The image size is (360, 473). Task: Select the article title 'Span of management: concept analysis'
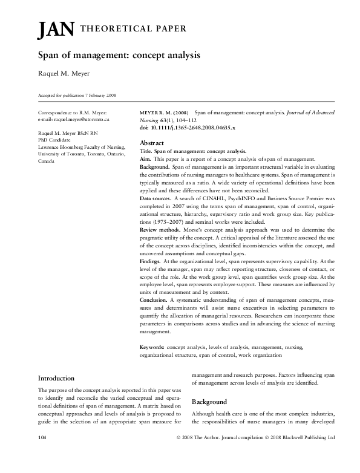click(119, 55)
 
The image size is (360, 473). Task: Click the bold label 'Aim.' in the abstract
click(146, 158)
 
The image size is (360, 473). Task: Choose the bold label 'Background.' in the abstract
click(154, 166)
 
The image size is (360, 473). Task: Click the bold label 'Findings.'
click(151, 261)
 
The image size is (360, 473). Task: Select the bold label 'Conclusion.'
click(154, 300)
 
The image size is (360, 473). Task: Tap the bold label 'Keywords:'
click(152, 348)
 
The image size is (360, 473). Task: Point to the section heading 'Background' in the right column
click(209, 402)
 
